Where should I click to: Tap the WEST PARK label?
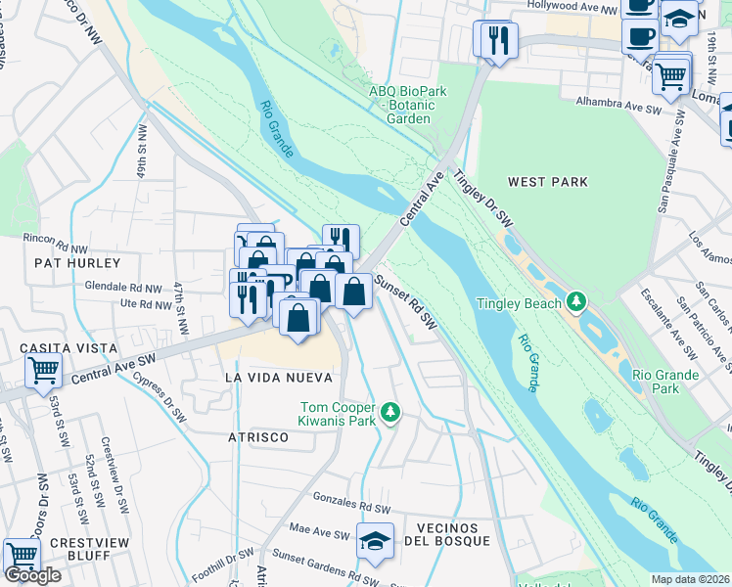[548, 182]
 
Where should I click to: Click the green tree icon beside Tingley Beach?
[577, 302]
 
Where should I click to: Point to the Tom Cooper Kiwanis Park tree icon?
[390, 412]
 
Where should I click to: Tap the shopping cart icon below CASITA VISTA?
[43, 371]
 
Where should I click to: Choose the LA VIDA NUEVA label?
[278, 378]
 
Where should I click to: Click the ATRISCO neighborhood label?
[258, 437]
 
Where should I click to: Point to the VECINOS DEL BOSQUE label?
[453, 535]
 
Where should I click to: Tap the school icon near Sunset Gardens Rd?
[374, 541]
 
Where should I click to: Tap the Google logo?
[32, 575]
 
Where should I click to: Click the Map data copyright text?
[691, 579]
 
